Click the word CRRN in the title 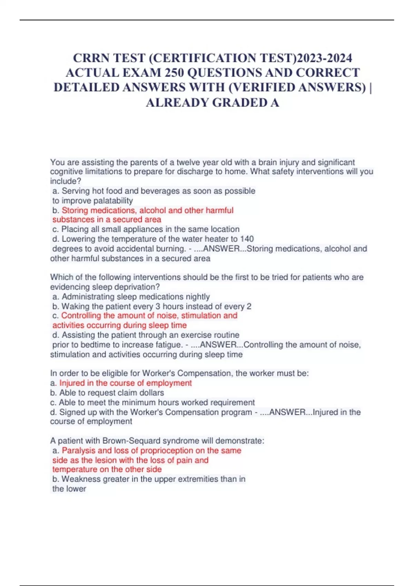pos(91,58)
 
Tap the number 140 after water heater pos(247,239)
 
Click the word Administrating pos(88,296)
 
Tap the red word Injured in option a pos(72,383)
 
